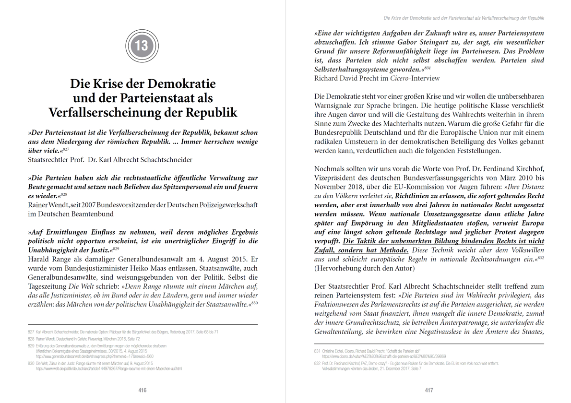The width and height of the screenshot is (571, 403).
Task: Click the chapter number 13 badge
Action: coord(142,46)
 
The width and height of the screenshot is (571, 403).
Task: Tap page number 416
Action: coord(143,391)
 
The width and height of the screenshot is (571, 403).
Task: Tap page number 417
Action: coord(429,391)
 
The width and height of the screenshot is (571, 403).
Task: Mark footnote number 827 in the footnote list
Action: coord(31,332)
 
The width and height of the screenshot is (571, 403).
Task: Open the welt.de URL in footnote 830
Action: coord(109,369)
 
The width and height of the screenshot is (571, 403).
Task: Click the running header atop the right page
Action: coord(464,18)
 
